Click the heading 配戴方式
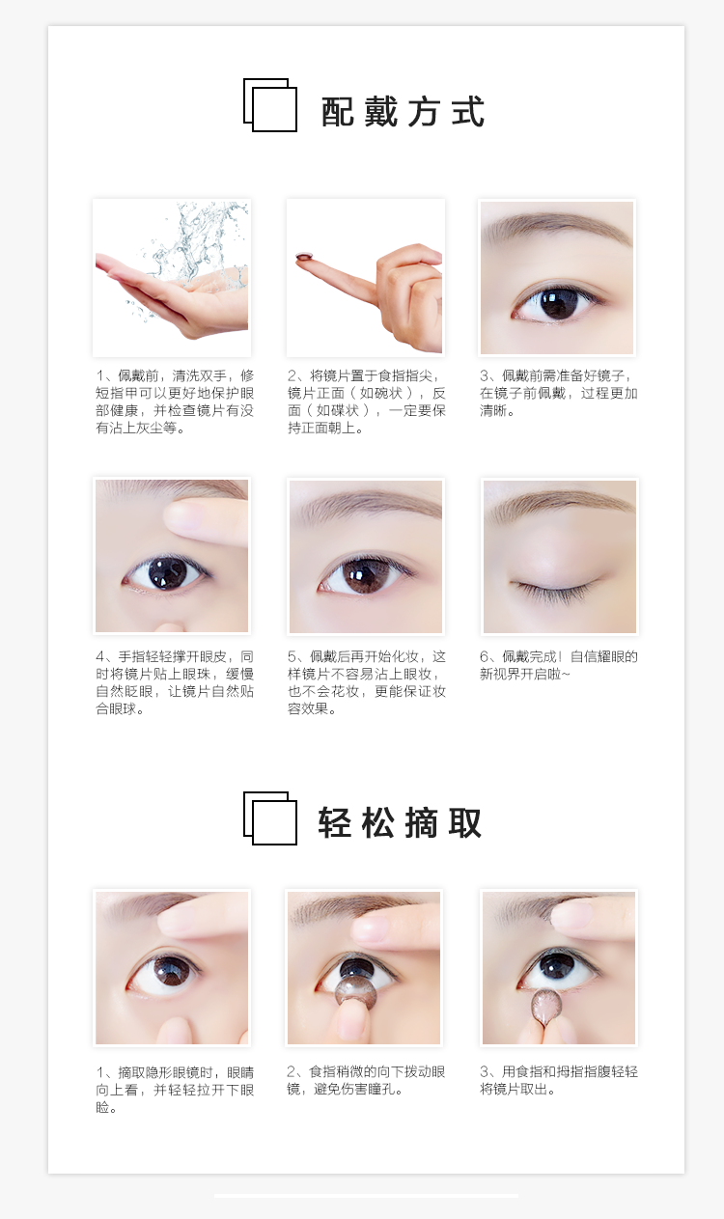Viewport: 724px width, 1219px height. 403,112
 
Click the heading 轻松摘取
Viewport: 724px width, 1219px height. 401,823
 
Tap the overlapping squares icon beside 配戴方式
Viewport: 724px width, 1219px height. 269,105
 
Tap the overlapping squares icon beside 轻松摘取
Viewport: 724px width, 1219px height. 269,817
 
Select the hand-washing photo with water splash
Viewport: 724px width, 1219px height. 172,277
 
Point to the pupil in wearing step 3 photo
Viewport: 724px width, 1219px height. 558,302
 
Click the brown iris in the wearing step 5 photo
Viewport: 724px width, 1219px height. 365,575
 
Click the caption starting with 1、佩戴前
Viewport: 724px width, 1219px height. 174,402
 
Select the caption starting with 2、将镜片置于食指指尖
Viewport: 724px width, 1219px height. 367,402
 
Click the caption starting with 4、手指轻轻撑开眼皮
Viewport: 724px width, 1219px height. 174,682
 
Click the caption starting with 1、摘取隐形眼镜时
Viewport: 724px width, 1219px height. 174,1090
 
